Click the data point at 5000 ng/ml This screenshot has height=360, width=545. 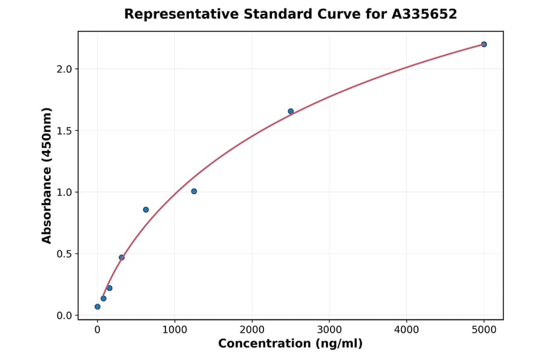[x=484, y=44]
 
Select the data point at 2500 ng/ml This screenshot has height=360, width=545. [x=291, y=112]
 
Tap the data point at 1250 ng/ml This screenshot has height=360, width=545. [x=194, y=192]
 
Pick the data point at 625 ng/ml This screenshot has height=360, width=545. [x=146, y=210]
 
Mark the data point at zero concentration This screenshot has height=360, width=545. [x=97, y=307]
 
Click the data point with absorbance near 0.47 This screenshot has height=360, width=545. [x=122, y=258]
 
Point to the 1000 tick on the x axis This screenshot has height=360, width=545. [x=174, y=330]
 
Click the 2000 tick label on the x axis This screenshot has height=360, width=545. [x=252, y=330]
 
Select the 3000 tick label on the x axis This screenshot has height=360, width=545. [x=329, y=330]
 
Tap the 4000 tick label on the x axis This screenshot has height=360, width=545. [x=406, y=330]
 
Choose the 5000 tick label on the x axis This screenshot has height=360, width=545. [x=484, y=330]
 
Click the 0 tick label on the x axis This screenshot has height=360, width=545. [x=97, y=330]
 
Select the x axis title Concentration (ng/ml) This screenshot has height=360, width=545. [x=290, y=344]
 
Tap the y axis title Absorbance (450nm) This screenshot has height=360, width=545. [x=47, y=175]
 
